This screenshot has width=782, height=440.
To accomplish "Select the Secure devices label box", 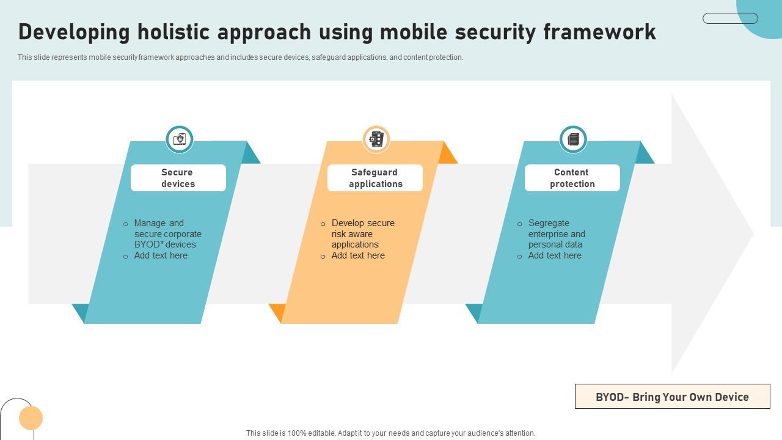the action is [x=178, y=178].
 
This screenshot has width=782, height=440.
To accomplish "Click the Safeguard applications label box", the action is [x=375, y=178].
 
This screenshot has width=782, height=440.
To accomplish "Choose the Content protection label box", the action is [x=572, y=178].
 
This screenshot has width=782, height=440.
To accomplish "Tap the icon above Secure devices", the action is [x=179, y=139].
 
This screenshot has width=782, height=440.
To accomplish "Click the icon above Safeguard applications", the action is [x=376, y=139].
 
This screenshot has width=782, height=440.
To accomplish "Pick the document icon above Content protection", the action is [x=573, y=139].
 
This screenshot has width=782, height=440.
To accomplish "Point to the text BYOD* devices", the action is [x=165, y=244].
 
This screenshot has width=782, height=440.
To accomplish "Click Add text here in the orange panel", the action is [x=358, y=255].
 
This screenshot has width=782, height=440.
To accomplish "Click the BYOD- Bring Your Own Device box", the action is [x=673, y=397].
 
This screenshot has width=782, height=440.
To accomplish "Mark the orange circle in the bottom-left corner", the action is [x=31, y=417].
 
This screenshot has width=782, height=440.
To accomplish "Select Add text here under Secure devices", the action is [x=161, y=255].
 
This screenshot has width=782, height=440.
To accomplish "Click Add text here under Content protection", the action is [x=555, y=255].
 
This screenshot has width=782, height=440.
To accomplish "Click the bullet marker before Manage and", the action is [x=126, y=224].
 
